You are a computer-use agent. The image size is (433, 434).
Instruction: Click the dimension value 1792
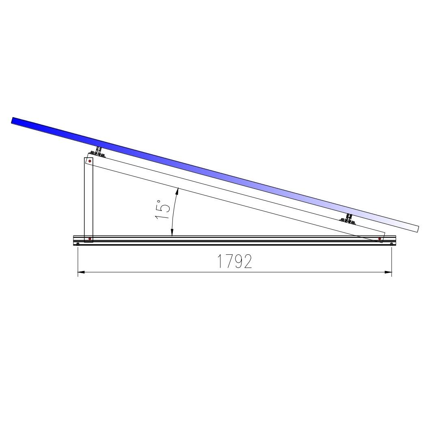coord(235,261)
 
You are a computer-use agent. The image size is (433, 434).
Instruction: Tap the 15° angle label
coord(162,209)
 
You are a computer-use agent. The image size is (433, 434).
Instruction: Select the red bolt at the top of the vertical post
coord(90,161)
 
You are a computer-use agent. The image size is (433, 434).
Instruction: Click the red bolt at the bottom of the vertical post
coord(90,239)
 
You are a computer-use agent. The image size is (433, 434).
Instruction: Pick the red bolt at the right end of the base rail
coord(380,239)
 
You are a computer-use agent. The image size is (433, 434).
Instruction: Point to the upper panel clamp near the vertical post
coord(97,152)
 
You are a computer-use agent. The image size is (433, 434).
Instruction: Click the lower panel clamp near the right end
coord(348,219)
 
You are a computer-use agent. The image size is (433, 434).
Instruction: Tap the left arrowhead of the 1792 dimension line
coord(81,272)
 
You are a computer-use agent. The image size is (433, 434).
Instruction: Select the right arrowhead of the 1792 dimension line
coord(388,272)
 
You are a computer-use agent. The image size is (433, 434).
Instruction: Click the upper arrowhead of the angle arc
coord(178,191)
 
